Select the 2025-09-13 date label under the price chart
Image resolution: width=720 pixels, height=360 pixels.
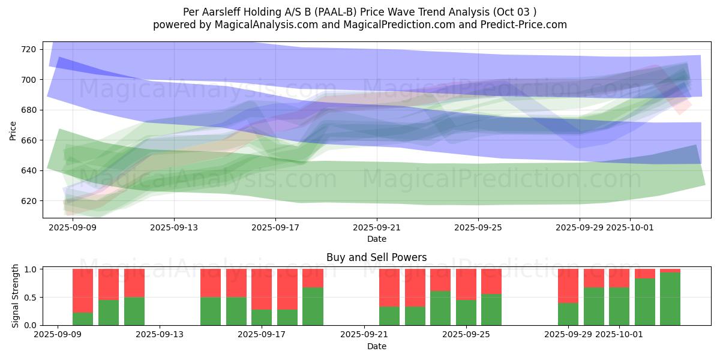(x=173, y=227)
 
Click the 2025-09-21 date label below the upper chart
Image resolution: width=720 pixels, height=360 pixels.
(x=377, y=227)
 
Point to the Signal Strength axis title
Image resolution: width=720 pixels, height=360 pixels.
(x=16, y=296)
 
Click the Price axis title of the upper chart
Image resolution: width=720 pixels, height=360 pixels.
(x=13, y=130)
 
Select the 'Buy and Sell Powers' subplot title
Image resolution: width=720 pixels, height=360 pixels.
(x=376, y=257)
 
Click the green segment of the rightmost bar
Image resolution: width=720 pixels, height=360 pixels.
(x=670, y=299)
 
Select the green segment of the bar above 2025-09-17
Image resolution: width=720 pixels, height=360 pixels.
(x=262, y=317)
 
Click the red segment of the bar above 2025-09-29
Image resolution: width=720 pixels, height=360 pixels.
(x=568, y=286)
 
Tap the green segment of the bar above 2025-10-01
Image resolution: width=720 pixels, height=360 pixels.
(x=619, y=306)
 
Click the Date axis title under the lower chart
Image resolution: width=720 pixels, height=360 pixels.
(x=376, y=346)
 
